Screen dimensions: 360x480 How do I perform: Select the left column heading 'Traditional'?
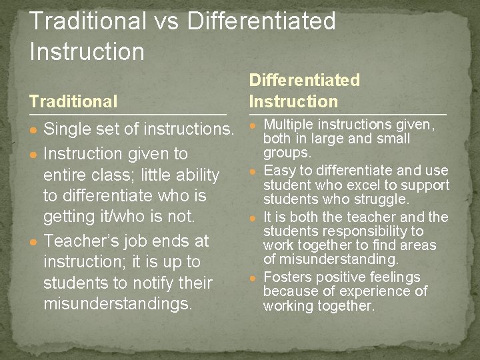[x=73, y=101]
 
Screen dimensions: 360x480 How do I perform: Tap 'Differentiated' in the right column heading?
[x=304, y=81]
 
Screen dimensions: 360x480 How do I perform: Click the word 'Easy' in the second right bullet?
[x=279, y=171]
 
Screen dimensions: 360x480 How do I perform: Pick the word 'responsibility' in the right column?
[x=380, y=231]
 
